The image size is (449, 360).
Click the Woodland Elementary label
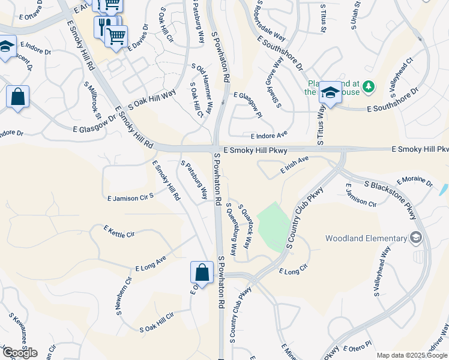click(365, 238)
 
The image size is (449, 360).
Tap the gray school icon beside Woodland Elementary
click(415, 238)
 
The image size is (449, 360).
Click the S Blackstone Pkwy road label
click(390, 197)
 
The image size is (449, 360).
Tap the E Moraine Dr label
click(415, 181)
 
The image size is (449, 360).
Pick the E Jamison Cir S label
click(130, 197)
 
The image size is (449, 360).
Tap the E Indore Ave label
click(269, 136)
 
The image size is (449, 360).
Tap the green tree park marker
click(368, 87)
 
